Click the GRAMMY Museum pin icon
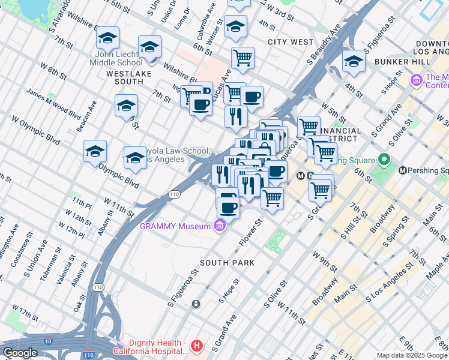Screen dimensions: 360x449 pos(220,226)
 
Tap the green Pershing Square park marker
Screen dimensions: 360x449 pos(384,160)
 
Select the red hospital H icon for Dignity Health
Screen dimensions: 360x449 pos(196,346)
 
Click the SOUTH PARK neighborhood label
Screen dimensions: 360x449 pos(228,263)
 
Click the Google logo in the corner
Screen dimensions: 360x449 pos(20,353)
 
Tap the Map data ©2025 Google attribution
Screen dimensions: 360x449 pos(411,355)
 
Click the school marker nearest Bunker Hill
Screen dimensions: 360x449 pos(354,62)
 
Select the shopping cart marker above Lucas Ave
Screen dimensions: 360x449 pos(243,58)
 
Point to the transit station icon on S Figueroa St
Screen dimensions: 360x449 pos(196,304)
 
